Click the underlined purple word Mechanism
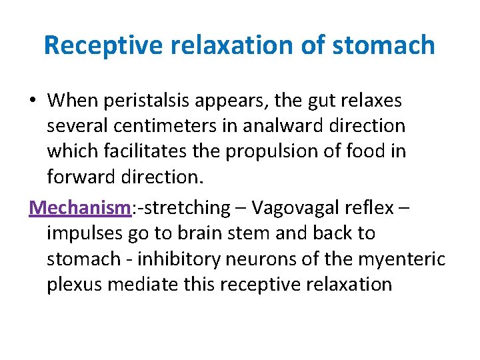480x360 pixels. pos(79,207)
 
